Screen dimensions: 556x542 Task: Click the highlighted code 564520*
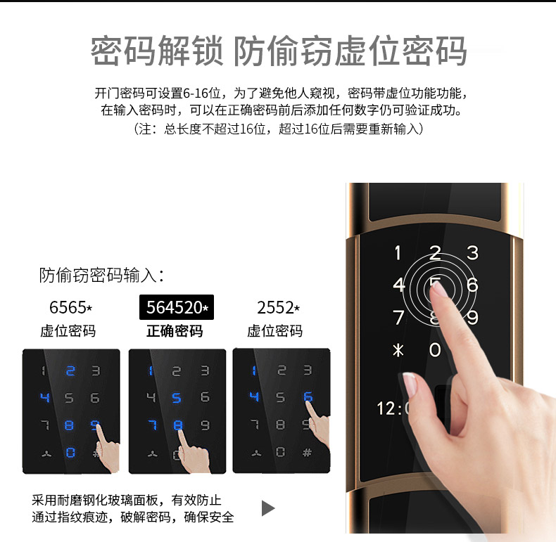tap(177, 307)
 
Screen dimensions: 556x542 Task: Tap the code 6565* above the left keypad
tap(70, 307)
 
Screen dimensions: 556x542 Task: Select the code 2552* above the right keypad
tap(279, 307)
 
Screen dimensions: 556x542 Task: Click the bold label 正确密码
tap(175, 331)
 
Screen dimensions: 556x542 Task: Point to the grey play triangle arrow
tap(267, 508)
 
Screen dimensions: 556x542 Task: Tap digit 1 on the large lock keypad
tap(398, 253)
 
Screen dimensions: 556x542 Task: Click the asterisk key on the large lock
tap(398, 350)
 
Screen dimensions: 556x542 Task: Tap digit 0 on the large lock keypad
tap(435, 350)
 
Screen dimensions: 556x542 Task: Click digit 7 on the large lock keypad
tap(398, 318)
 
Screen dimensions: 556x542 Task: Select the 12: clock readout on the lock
tap(389, 408)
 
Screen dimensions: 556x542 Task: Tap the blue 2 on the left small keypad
tap(70, 371)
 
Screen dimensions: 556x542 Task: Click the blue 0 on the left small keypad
tap(70, 453)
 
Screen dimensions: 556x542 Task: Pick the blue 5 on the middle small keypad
tap(177, 398)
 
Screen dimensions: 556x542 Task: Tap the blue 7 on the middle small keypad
tap(153, 425)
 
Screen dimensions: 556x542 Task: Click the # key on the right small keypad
tap(307, 453)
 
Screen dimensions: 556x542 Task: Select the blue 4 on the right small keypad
tap(254, 396)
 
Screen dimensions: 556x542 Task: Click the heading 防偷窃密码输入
tap(101, 276)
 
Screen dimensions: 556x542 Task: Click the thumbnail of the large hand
tap(410, 384)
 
